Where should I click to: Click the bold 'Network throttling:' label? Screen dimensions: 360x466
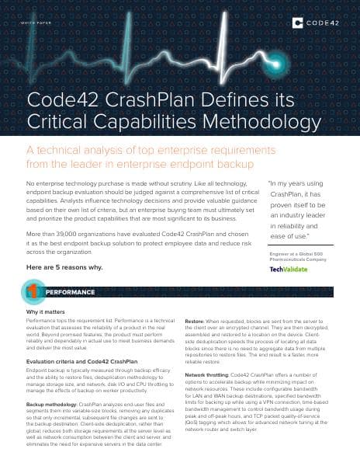tap(206, 375)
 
